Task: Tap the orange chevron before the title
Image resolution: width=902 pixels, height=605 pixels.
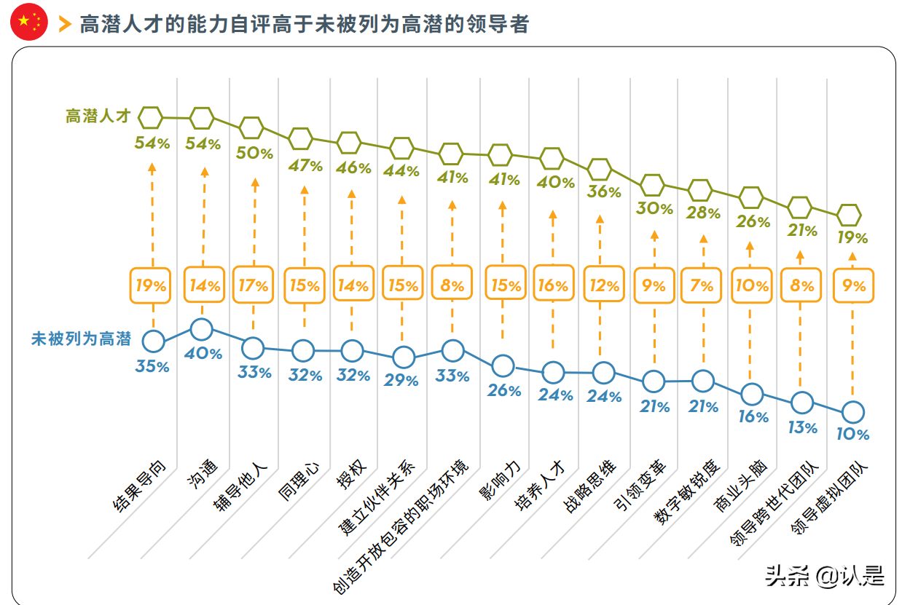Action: pyautogui.click(x=65, y=24)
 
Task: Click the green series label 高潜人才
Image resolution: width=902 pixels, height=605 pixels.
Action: pyautogui.click(x=98, y=116)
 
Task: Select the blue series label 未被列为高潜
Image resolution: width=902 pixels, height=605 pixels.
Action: pyautogui.click(x=81, y=339)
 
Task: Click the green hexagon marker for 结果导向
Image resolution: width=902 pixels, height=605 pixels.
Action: pyautogui.click(x=151, y=116)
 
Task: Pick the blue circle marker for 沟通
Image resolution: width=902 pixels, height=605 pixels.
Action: pyautogui.click(x=201, y=329)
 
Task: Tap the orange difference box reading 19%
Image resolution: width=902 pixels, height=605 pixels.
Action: pyautogui.click(x=151, y=285)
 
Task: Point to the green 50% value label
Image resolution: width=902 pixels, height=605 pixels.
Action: pyautogui.click(x=255, y=154)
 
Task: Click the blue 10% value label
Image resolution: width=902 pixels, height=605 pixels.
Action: pyautogui.click(x=852, y=435)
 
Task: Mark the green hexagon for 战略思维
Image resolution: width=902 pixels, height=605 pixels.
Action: pyautogui.click(x=600, y=169)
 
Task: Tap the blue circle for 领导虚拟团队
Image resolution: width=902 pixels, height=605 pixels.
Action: pyautogui.click(x=852, y=412)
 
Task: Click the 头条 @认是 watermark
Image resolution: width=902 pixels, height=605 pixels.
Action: pyautogui.click(x=824, y=577)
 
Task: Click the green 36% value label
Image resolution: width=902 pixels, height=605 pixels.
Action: pyautogui.click(x=605, y=193)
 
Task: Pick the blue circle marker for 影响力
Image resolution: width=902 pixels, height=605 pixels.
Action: pyautogui.click(x=503, y=365)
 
